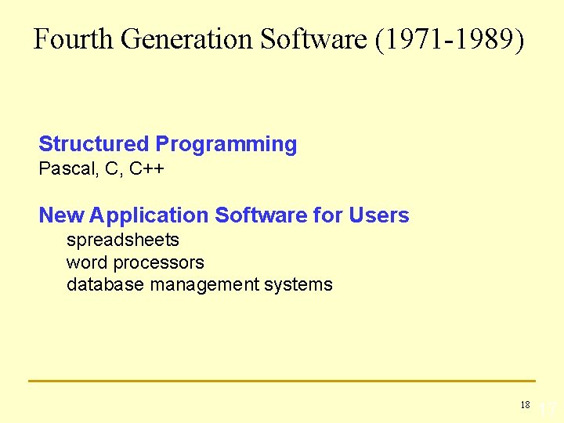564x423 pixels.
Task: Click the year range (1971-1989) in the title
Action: pyautogui.click(x=450, y=39)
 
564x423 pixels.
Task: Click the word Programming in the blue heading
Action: pyautogui.click(x=226, y=144)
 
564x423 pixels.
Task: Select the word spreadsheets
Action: pyautogui.click(x=123, y=240)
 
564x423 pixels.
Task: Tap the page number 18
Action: pyautogui.click(x=525, y=405)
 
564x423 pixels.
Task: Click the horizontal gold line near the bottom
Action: pyautogui.click(x=282, y=381)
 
